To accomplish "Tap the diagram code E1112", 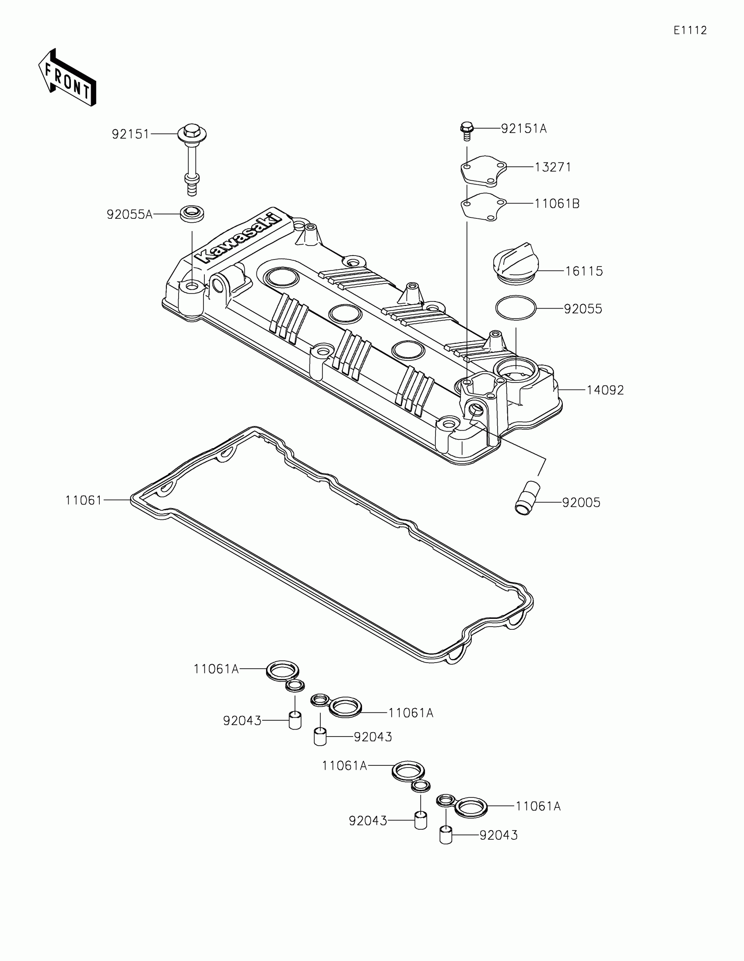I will [690, 30].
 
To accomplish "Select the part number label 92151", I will [131, 134].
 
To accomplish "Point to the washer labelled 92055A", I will [192, 214].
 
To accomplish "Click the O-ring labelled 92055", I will [516, 308].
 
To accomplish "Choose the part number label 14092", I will [605, 390].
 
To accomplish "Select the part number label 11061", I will [84, 500].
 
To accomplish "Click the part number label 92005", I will [581, 502].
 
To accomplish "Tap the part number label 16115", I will [584, 271].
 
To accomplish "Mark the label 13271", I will [553, 168].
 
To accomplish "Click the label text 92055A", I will [130, 215].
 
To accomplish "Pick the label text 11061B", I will [557, 204].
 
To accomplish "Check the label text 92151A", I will [523, 129].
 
